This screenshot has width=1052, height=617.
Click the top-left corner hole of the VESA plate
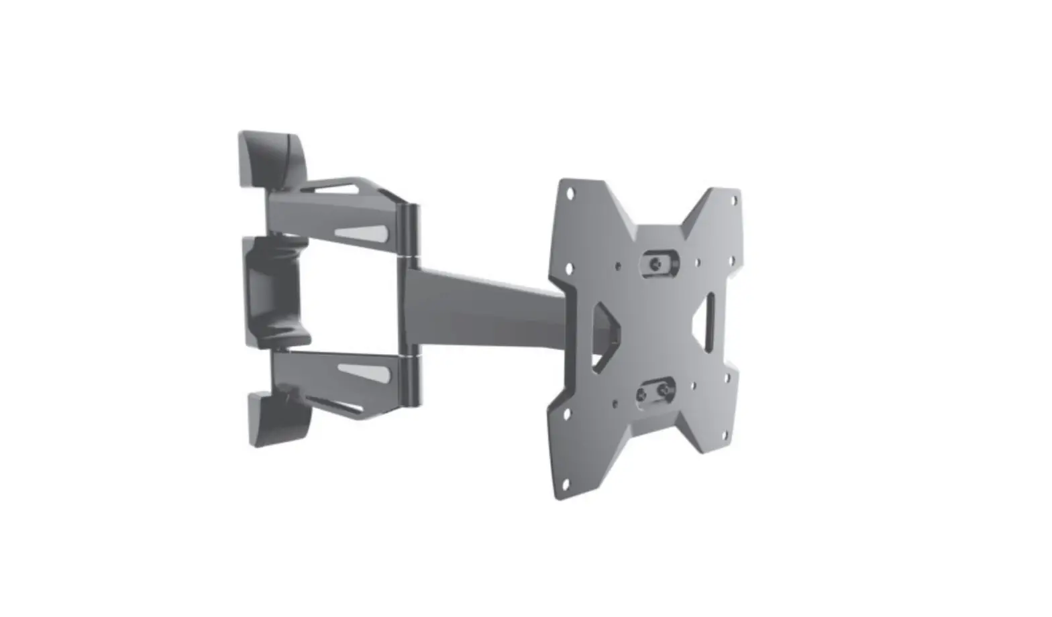[570, 194]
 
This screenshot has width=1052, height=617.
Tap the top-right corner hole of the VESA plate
[735, 200]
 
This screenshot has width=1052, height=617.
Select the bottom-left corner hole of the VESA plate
[564, 483]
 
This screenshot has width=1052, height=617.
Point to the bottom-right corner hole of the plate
[727, 435]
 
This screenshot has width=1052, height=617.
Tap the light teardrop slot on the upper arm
[362, 233]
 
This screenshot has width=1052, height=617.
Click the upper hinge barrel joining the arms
[411, 230]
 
